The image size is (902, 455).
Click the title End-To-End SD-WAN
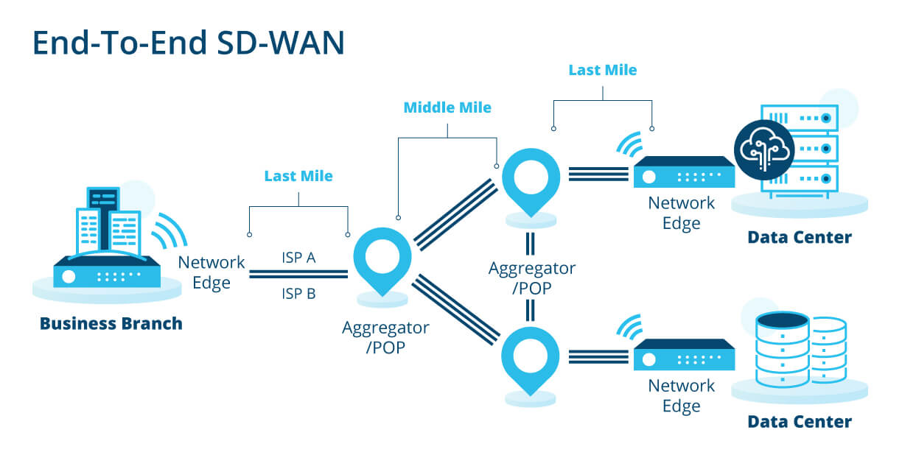188,43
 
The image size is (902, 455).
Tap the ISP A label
298,258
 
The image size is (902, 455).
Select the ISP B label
298,294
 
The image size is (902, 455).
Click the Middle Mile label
447,107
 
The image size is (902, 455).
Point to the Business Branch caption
111,323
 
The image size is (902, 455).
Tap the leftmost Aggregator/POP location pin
382,260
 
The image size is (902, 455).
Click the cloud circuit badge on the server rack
763,149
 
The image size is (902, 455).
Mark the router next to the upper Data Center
684,172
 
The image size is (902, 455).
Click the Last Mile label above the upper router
603,71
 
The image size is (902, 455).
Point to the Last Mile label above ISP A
298,176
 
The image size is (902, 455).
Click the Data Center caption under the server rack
800,237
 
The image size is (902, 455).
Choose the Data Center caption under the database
800,422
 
